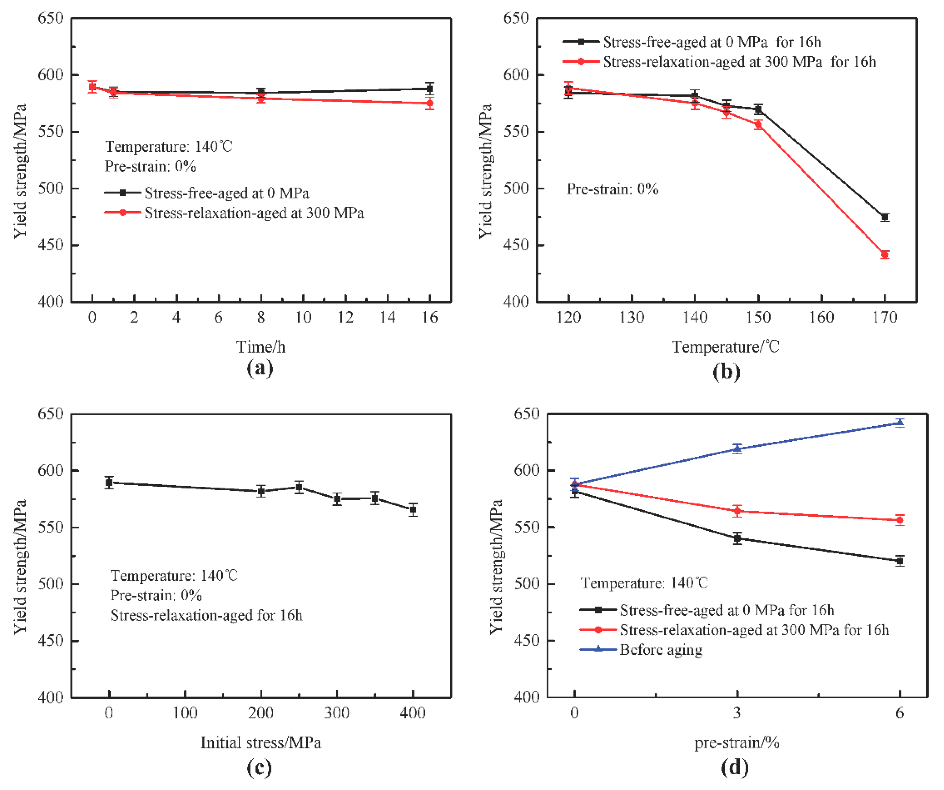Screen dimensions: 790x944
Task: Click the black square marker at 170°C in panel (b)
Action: coord(885,217)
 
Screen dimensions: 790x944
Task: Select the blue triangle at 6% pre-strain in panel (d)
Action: coord(899,423)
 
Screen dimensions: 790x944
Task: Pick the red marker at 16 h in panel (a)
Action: coord(430,103)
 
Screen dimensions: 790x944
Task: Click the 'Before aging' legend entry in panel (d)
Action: coord(661,650)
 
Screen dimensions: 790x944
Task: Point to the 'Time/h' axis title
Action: coord(261,347)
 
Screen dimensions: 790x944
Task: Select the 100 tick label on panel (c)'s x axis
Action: coord(185,714)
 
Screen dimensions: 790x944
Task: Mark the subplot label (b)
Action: coord(726,372)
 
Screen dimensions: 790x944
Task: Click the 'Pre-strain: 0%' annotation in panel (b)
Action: coord(612,189)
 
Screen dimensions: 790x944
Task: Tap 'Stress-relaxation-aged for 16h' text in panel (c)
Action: coord(206,615)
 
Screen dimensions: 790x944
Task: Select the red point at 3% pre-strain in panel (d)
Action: coord(737,511)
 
